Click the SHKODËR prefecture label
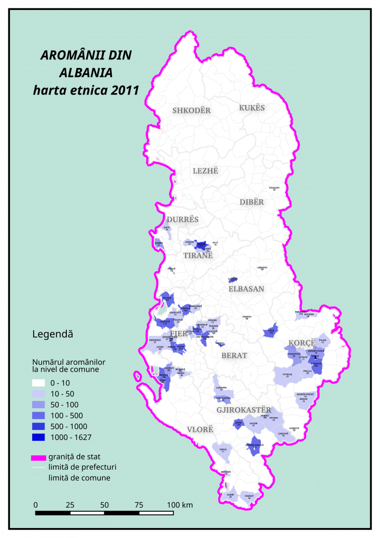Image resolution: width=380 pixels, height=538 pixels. click(x=191, y=110)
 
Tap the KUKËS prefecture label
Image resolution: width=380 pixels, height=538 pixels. click(x=252, y=108)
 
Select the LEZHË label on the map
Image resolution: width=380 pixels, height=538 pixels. click(x=205, y=171)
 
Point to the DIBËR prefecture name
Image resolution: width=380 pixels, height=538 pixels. click(x=252, y=202)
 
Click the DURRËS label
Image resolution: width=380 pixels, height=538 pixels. click(x=183, y=219)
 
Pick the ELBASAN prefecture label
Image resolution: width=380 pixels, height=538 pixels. click(x=246, y=289)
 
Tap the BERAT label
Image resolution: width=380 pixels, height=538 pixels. click(x=234, y=356)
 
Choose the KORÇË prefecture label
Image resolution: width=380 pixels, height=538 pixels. click(x=302, y=343)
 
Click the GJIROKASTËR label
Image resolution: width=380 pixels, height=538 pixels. click(x=243, y=410)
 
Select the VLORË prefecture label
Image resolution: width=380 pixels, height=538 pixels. click(x=200, y=430)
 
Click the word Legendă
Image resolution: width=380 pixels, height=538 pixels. click(x=52, y=334)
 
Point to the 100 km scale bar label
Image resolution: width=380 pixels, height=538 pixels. click(x=180, y=505)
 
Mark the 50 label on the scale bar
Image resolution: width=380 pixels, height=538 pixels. click(x=104, y=505)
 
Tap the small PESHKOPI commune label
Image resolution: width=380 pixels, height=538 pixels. click(x=274, y=188)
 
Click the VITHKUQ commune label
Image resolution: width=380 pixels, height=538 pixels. click(x=287, y=375)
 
